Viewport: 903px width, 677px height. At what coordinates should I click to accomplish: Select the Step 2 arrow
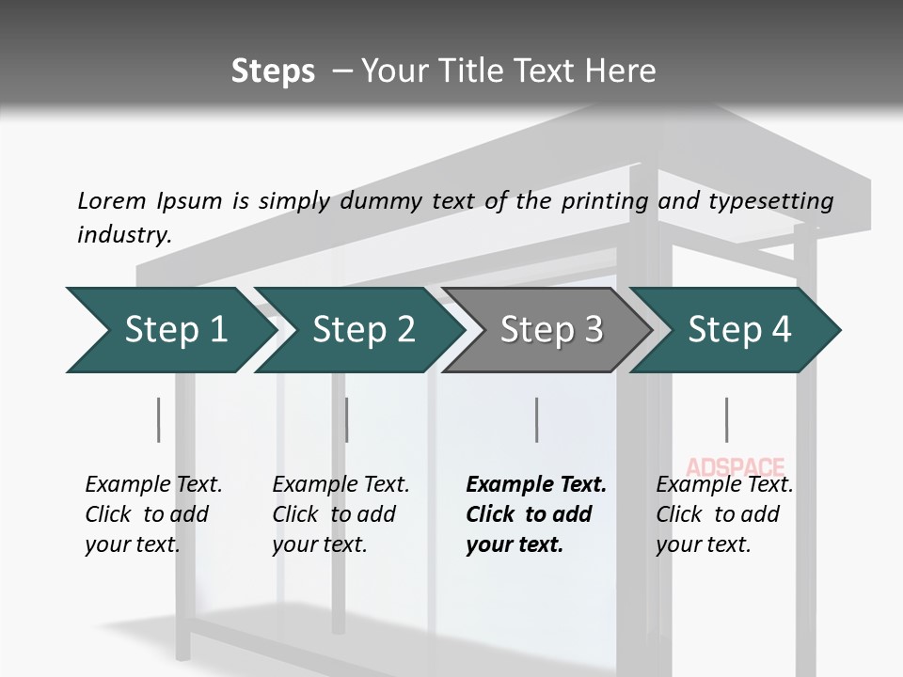(362, 330)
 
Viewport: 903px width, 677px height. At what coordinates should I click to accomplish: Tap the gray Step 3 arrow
(550, 330)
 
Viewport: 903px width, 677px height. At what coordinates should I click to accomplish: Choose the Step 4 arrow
(738, 330)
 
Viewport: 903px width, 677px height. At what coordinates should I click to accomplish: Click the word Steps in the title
(273, 71)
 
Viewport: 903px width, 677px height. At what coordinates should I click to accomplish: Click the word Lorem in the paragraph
(111, 200)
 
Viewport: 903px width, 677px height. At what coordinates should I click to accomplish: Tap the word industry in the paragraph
(124, 235)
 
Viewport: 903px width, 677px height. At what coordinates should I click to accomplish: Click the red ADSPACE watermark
(735, 465)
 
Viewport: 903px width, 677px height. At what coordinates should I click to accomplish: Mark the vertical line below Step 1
(158, 419)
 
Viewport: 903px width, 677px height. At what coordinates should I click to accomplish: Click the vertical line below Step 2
(347, 419)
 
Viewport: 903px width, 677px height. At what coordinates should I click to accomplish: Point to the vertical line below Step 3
(536, 419)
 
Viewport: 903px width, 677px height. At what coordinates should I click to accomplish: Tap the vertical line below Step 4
(726, 419)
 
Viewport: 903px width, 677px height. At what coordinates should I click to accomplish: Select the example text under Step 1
(153, 514)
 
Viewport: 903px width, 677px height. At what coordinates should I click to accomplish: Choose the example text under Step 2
(341, 514)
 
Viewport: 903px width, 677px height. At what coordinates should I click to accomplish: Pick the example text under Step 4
(724, 514)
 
